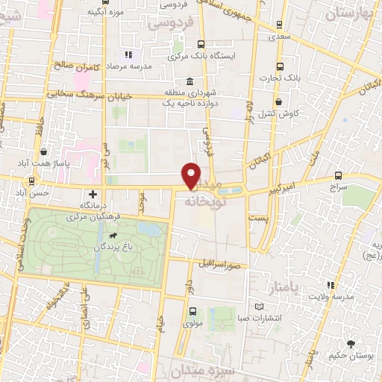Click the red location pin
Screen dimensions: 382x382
coord(192,175)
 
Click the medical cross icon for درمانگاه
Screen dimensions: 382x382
coord(93,193)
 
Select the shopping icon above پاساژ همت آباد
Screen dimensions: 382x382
coord(46,151)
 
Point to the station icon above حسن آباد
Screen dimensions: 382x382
coord(31,180)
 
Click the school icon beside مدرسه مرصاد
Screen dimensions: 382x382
coord(128,54)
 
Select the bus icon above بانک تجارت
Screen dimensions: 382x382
coord(280,65)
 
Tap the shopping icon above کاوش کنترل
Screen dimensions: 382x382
coord(279,101)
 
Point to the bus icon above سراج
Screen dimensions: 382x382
coord(339,175)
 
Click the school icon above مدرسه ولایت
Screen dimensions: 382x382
coord(330,285)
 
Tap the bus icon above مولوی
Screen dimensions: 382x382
coord(193,311)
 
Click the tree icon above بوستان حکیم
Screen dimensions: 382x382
coord(351,343)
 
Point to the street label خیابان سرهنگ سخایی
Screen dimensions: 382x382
coord(89,95)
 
